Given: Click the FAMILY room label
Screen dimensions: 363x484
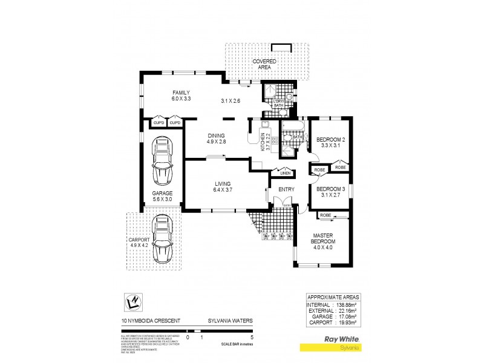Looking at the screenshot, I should click(181, 93).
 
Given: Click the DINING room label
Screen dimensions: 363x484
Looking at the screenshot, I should click(215, 136).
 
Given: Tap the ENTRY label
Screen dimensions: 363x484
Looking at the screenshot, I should click(286, 189).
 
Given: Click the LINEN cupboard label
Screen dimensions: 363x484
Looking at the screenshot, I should click(286, 174).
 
